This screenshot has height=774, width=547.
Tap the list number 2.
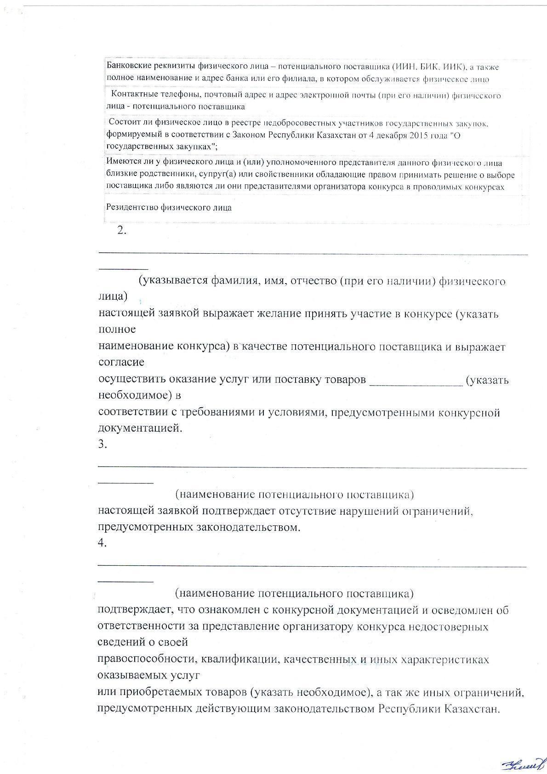pos(122,231)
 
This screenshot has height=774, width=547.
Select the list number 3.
pos(103,444)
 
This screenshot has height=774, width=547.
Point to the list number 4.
pos(103,543)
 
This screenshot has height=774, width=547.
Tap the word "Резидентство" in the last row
pos(132,207)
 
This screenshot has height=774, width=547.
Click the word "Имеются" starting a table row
pos(120,162)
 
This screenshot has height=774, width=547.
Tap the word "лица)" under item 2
pos(113,296)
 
